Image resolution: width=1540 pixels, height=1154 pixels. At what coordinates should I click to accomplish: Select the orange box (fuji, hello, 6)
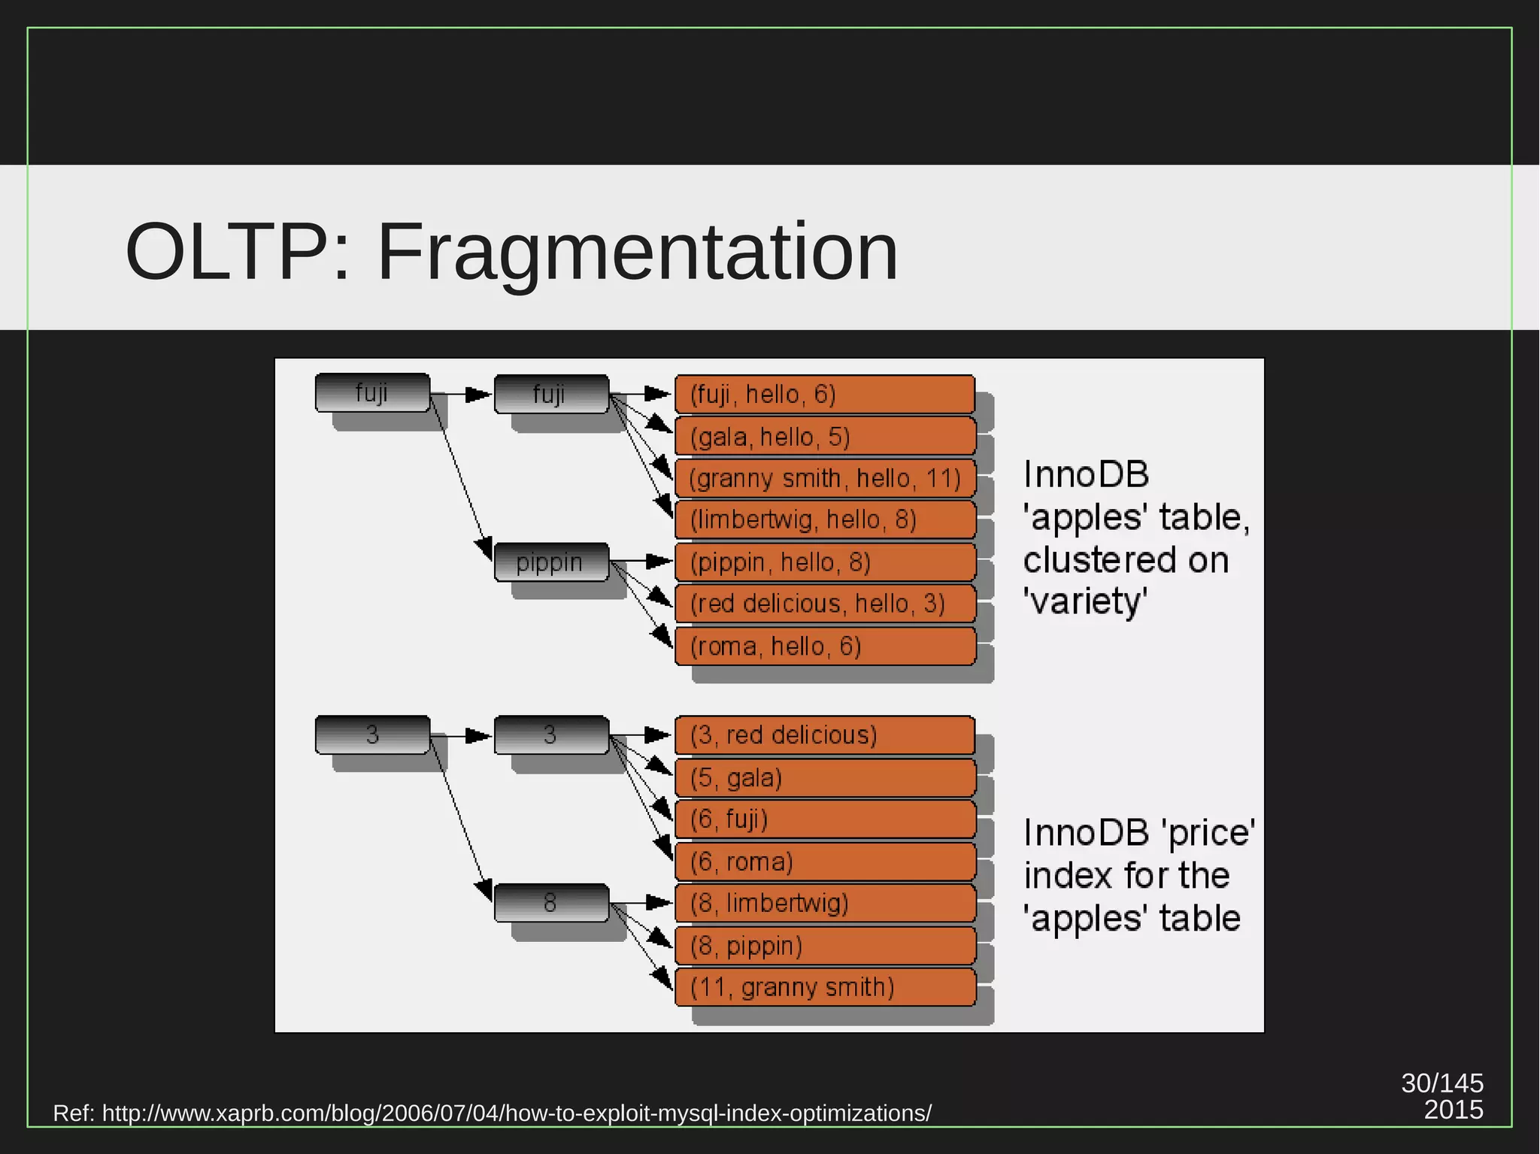(x=824, y=395)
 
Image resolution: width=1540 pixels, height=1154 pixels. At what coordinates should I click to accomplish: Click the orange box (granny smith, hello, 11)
(x=824, y=479)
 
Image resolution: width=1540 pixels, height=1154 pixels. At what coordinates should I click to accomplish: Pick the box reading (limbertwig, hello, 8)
(x=824, y=520)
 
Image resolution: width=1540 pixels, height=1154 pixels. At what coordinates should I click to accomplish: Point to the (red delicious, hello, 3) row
(x=824, y=604)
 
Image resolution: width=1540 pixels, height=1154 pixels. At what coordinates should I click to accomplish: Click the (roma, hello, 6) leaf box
(x=824, y=647)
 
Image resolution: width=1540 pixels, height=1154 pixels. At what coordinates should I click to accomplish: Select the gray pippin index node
(x=550, y=562)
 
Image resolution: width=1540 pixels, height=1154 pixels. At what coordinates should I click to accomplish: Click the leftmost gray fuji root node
(x=372, y=392)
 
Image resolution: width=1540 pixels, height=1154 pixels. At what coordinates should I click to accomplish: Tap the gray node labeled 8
(x=550, y=902)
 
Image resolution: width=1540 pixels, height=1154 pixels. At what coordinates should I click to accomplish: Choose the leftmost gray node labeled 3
(x=372, y=735)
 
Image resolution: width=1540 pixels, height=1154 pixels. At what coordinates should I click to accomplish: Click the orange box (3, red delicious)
(x=824, y=735)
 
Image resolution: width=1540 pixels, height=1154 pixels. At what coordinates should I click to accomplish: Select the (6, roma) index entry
(x=824, y=862)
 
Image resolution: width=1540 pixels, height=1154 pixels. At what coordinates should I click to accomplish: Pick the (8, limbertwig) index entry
(x=824, y=903)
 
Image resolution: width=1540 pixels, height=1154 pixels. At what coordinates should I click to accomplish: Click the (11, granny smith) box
(x=824, y=987)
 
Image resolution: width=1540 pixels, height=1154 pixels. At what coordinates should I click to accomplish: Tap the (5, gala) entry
(x=824, y=777)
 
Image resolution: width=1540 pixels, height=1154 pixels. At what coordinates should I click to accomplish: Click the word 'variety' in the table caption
(x=1084, y=602)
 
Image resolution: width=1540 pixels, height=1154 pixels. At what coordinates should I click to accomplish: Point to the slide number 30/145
(x=1441, y=1083)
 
